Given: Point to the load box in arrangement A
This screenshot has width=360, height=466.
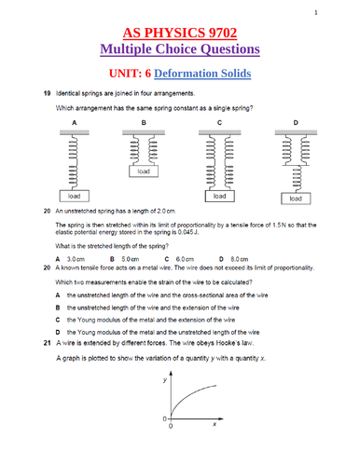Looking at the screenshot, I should (x=72, y=197).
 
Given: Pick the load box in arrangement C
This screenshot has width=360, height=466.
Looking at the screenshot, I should (x=219, y=197).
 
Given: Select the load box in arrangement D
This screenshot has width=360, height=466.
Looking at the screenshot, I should (x=295, y=199).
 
